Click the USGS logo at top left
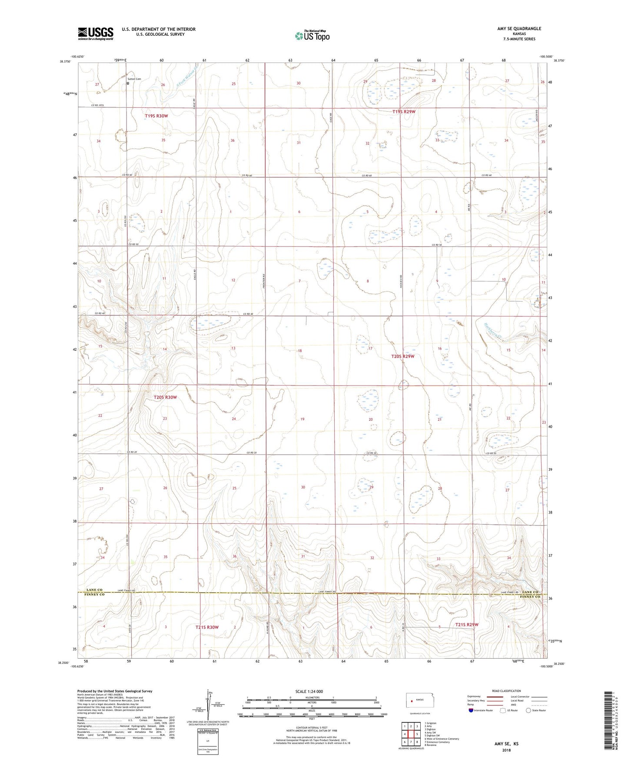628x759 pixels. click(x=96, y=33)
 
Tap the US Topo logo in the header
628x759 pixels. click(x=312, y=36)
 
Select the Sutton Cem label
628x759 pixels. click(x=134, y=79)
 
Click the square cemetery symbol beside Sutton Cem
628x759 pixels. click(x=128, y=83)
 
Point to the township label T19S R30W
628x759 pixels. click(x=156, y=116)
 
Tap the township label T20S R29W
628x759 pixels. click(x=403, y=356)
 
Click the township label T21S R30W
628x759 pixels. click(x=207, y=627)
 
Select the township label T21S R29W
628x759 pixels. click(x=466, y=625)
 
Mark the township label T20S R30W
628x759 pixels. click(x=165, y=397)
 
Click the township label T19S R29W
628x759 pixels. click(x=404, y=112)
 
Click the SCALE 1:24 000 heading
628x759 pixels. click(x=309, y=691)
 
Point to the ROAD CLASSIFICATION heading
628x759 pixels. click(x=506, y=691)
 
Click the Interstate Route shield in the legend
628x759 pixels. click(x=472, y=710)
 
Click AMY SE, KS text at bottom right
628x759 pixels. click(x=506, y=744)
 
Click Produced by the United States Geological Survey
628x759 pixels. click(x=115, y=691)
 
